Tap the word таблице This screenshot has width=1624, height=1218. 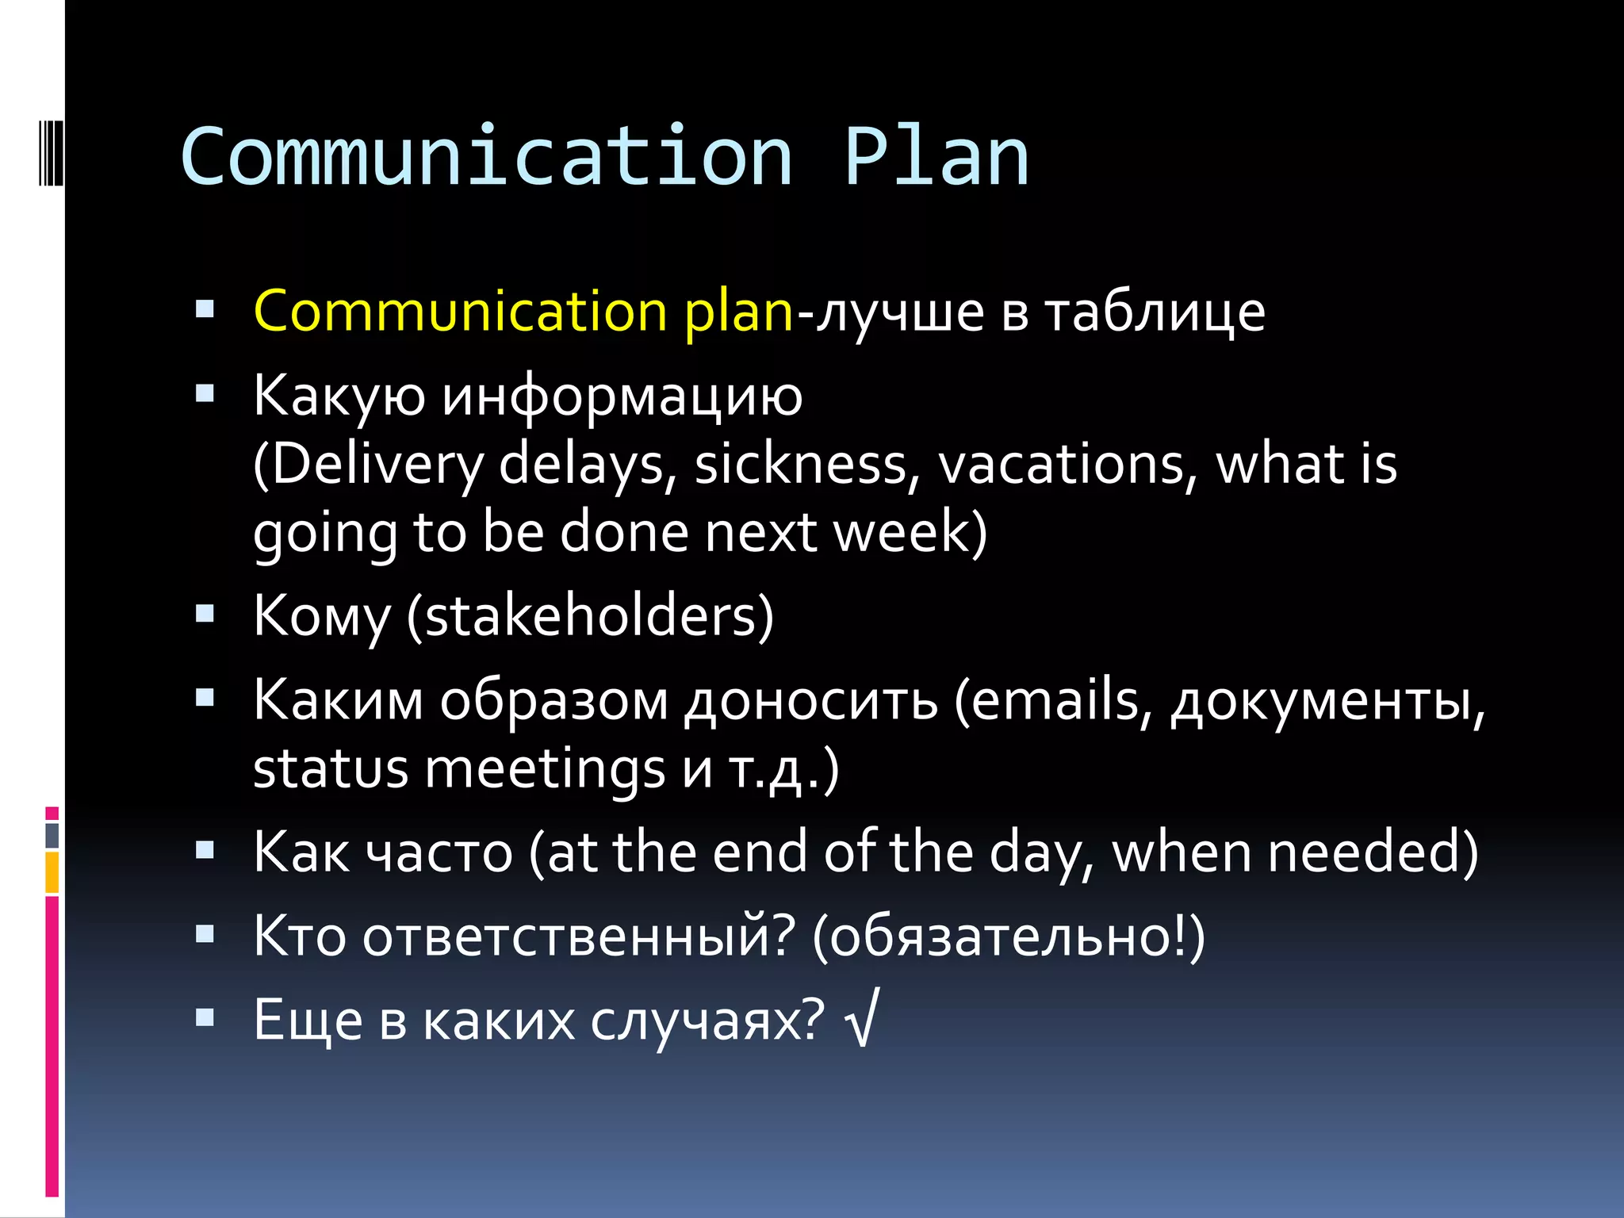coord(1155,312)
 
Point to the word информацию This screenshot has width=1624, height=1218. coord(622,396)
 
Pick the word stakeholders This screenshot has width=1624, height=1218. coord(591,616)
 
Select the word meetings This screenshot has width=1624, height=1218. coord(545,769)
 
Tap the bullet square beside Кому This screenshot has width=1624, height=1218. coord(205,613)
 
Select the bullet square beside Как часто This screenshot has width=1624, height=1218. coord(205,850)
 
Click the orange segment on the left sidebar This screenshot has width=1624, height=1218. coord(52,872)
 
